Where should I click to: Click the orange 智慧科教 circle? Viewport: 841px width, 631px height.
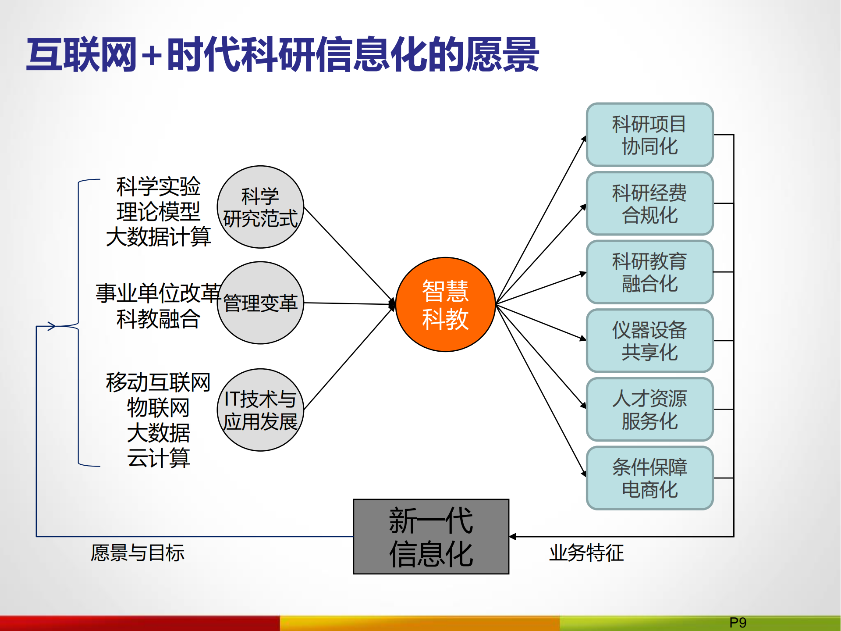coord(445,304)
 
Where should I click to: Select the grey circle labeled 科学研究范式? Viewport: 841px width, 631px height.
coord(260,207)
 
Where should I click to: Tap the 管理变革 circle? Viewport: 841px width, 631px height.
coord(260,303)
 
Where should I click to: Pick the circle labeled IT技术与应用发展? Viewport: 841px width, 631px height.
coord(260,410)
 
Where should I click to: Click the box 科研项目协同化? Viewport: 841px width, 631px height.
coord(649,135)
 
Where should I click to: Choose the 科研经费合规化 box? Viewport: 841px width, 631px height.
coord(649,203)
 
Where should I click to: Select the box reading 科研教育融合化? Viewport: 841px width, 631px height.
coord(649,272)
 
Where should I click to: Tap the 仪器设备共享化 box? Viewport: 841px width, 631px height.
coord(649,341)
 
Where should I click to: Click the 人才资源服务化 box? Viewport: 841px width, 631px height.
coord(649,409)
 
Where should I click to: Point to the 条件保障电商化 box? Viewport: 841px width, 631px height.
coord(649,478)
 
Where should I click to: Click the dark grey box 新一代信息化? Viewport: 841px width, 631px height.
coord(431,536)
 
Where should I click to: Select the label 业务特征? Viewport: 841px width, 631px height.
coord(586,553)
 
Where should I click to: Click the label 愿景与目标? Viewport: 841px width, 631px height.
coord(138,553)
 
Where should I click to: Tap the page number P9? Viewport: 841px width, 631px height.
coord(738,623)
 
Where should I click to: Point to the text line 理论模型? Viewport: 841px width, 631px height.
coord(158,212)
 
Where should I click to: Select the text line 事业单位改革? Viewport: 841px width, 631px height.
coord(158,293)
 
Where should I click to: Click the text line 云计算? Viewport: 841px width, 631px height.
coord(158,458)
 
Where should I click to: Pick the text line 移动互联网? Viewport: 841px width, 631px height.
coord(158,382)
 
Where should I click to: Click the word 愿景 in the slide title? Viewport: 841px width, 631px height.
coord(502,55)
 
